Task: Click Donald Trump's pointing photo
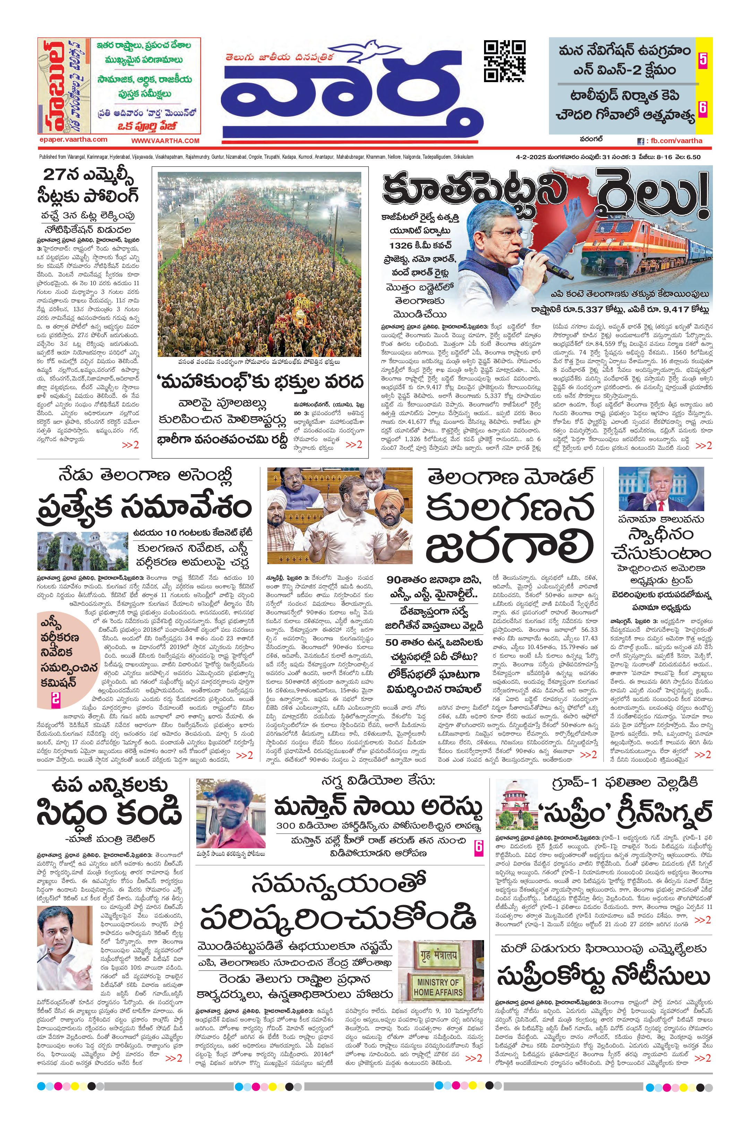(x=661, y=489)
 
